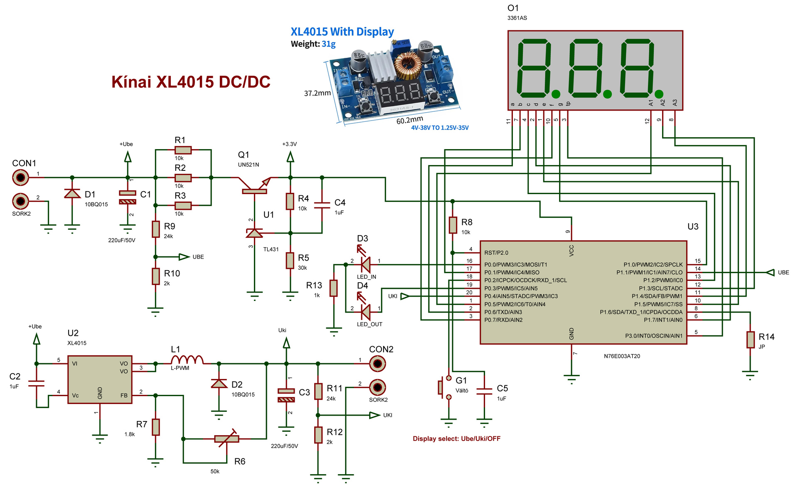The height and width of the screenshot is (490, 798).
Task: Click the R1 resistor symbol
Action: (x=183, y=150)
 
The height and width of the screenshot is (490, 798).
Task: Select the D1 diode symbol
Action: (x=72, y=194)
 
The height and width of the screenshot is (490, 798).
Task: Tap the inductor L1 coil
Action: (x=187, y=359)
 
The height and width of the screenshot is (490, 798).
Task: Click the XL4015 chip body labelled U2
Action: (x=100, y=379)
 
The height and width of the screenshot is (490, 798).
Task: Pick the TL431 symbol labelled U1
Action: (x=254, y=233)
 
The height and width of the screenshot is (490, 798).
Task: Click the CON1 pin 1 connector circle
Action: (x=20, y=177)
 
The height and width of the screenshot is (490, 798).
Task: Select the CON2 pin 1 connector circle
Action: (x=377, y=364)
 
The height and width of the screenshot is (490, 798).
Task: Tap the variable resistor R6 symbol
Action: (x=227, y=438)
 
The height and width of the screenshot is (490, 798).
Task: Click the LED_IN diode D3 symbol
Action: (x=365, y=264)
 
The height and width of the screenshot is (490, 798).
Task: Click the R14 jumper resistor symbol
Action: (x=750, y=340)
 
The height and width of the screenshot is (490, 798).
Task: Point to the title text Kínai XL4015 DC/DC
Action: (x=191, y=82)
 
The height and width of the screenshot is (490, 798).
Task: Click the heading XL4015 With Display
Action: (x=342, y=32)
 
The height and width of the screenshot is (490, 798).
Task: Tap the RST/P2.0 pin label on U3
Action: (x=496, y=253)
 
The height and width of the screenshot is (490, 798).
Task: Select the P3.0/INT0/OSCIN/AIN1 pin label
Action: (x=654, y=336)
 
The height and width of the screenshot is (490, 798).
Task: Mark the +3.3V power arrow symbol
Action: (x=290, y=157)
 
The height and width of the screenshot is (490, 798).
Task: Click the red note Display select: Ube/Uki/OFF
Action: (x=456, y=438)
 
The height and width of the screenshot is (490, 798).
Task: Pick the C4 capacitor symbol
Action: (x=322, y=205)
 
